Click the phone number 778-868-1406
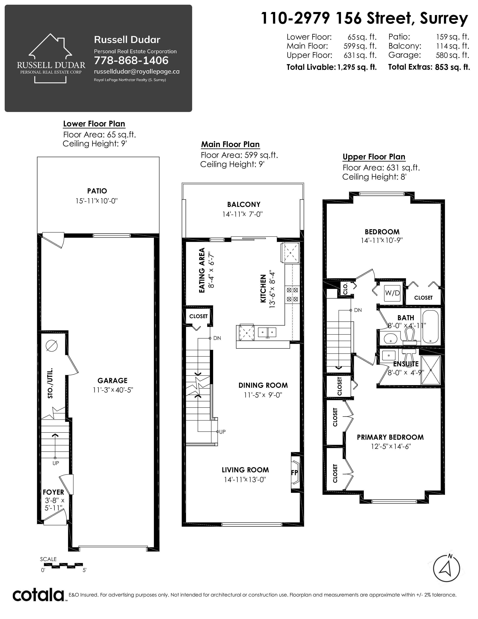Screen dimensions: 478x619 pos(131,60)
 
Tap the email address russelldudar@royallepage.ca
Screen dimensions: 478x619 pos(137,71)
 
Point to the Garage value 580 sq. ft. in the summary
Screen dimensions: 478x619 pos(453,55)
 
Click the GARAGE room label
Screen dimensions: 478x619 pos(112,381)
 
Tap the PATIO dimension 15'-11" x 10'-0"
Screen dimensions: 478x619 pos(97,201)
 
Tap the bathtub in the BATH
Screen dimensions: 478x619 pos(430,327)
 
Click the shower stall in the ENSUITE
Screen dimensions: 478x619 pos(430,370)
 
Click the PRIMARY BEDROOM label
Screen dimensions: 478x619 pos(390,437)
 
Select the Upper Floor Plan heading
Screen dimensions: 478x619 pos(374,157)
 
